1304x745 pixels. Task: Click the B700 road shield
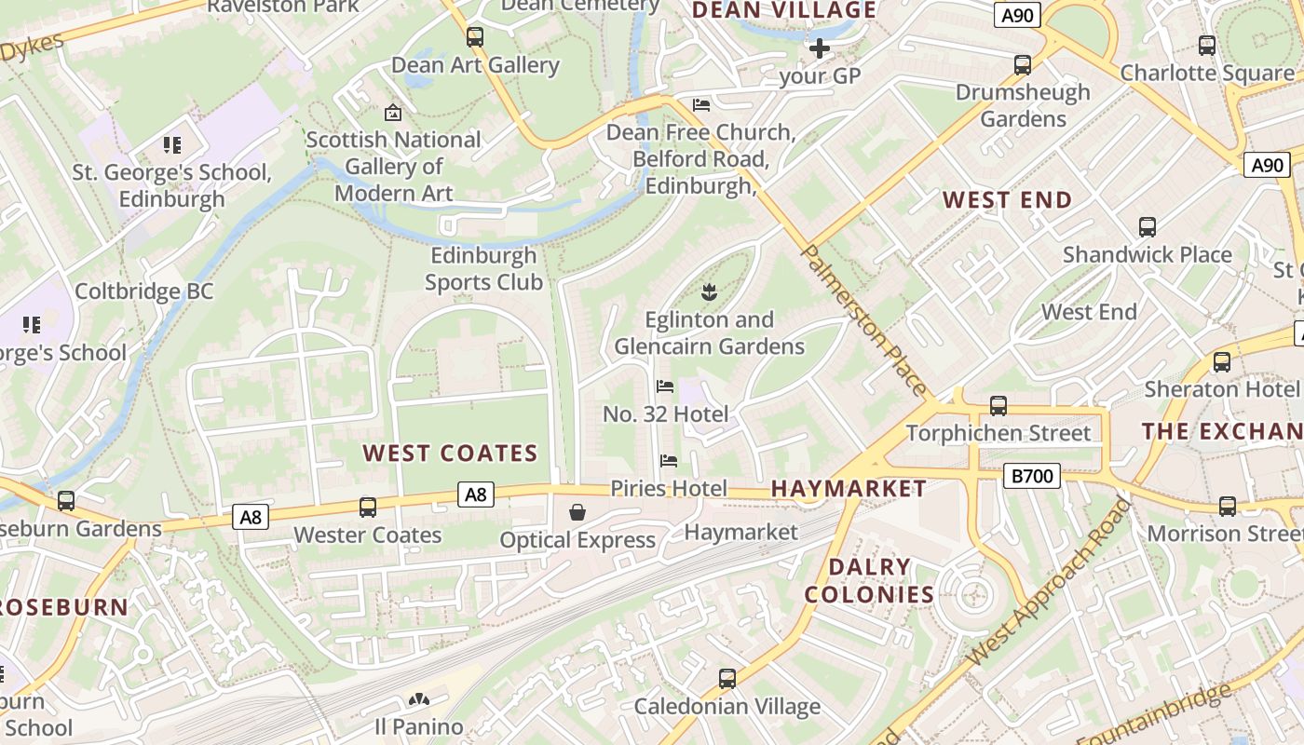tap(1032, 477)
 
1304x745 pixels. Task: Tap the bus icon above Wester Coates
tap(368, 508)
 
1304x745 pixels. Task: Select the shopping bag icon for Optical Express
tap(577, 512)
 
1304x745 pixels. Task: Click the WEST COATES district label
tap(450, 454)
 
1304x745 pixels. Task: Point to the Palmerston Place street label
tap(864, 321)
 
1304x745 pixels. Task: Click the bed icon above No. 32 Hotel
tap(665, 386)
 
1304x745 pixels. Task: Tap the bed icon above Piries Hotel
tap(668, 460)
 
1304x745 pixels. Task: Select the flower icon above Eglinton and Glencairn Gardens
tap(709, 292)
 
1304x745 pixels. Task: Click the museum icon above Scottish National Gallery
tap(393, 113)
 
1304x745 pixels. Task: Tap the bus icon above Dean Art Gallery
tap(475, 37)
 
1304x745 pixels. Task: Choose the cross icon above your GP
tap(820, 48)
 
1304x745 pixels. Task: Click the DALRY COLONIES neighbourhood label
tap(869, 580)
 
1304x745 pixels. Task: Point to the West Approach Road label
tap(1048, 582)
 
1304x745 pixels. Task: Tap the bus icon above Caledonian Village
tap(727, 679)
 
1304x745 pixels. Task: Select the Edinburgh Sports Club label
tap(483, 268)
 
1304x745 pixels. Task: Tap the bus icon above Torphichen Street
tap(998, 405)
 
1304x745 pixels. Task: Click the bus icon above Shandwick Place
tap(1148, 227)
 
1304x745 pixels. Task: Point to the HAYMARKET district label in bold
tap(849, 488)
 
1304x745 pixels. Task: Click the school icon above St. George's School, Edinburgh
tap(172, 145)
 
